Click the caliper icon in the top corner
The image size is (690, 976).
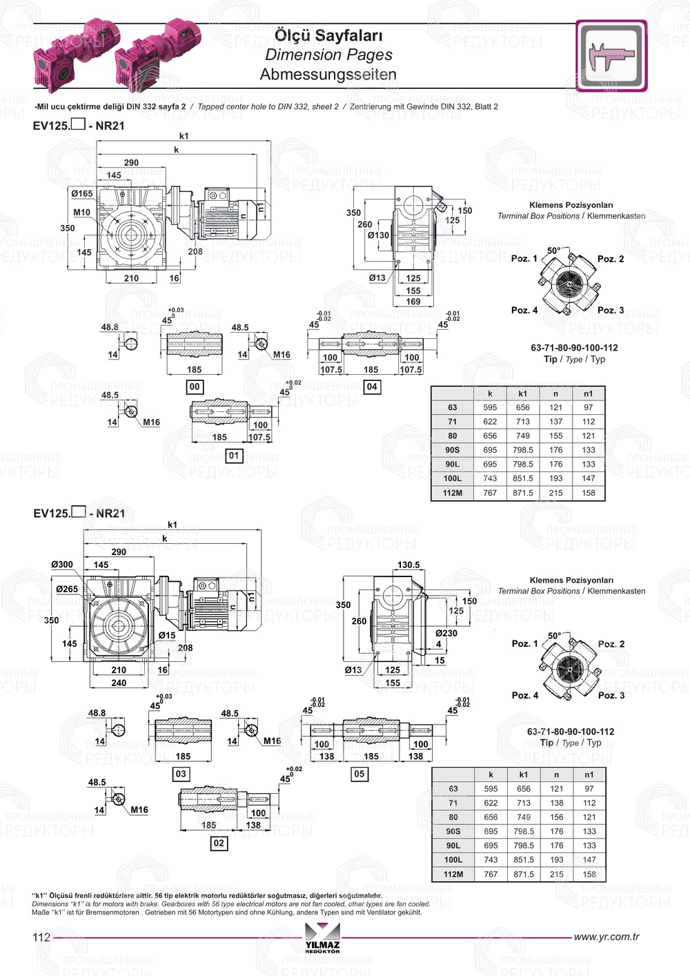click(x=611, y=55)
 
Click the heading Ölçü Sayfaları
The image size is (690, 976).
click(x=328, y=35)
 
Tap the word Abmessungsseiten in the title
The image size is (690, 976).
click(x=328, y=75)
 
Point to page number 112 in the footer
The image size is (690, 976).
click(x=41, y=937)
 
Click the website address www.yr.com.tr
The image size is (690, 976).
click(x=607, y=937)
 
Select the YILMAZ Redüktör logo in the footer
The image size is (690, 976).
click(x=322, y=939)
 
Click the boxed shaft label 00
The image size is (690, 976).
click(x=195, y=387)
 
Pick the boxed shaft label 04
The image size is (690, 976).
click(x=372, y=387)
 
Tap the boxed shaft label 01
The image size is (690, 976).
click(x=234, y=456)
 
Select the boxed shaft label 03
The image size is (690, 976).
click(x=181, y=774)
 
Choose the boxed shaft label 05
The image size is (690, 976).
click(x=359, y=774)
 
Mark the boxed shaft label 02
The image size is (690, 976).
click(x=219, y=843)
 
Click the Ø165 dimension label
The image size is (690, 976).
click(x=81, y=194)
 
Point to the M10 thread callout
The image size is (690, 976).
click(x=81, y=213)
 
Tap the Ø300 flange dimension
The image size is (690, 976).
click(x=62, y=565)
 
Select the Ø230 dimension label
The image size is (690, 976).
click(x=446, y=633)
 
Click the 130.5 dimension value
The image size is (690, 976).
click(x=408, y=565)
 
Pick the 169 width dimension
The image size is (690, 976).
click(x=413, y=302)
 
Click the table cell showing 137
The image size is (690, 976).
click(x=555, y=422)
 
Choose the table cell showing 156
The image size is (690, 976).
click(x=556, y=817)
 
